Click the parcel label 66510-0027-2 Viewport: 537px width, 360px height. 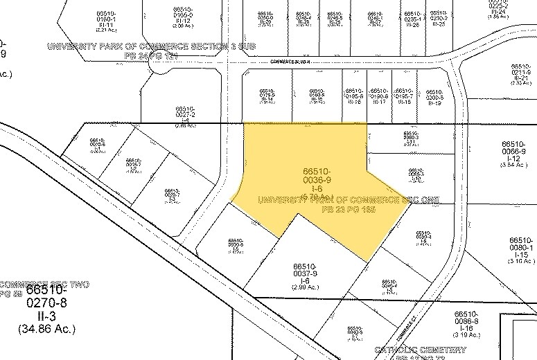point(185,111)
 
